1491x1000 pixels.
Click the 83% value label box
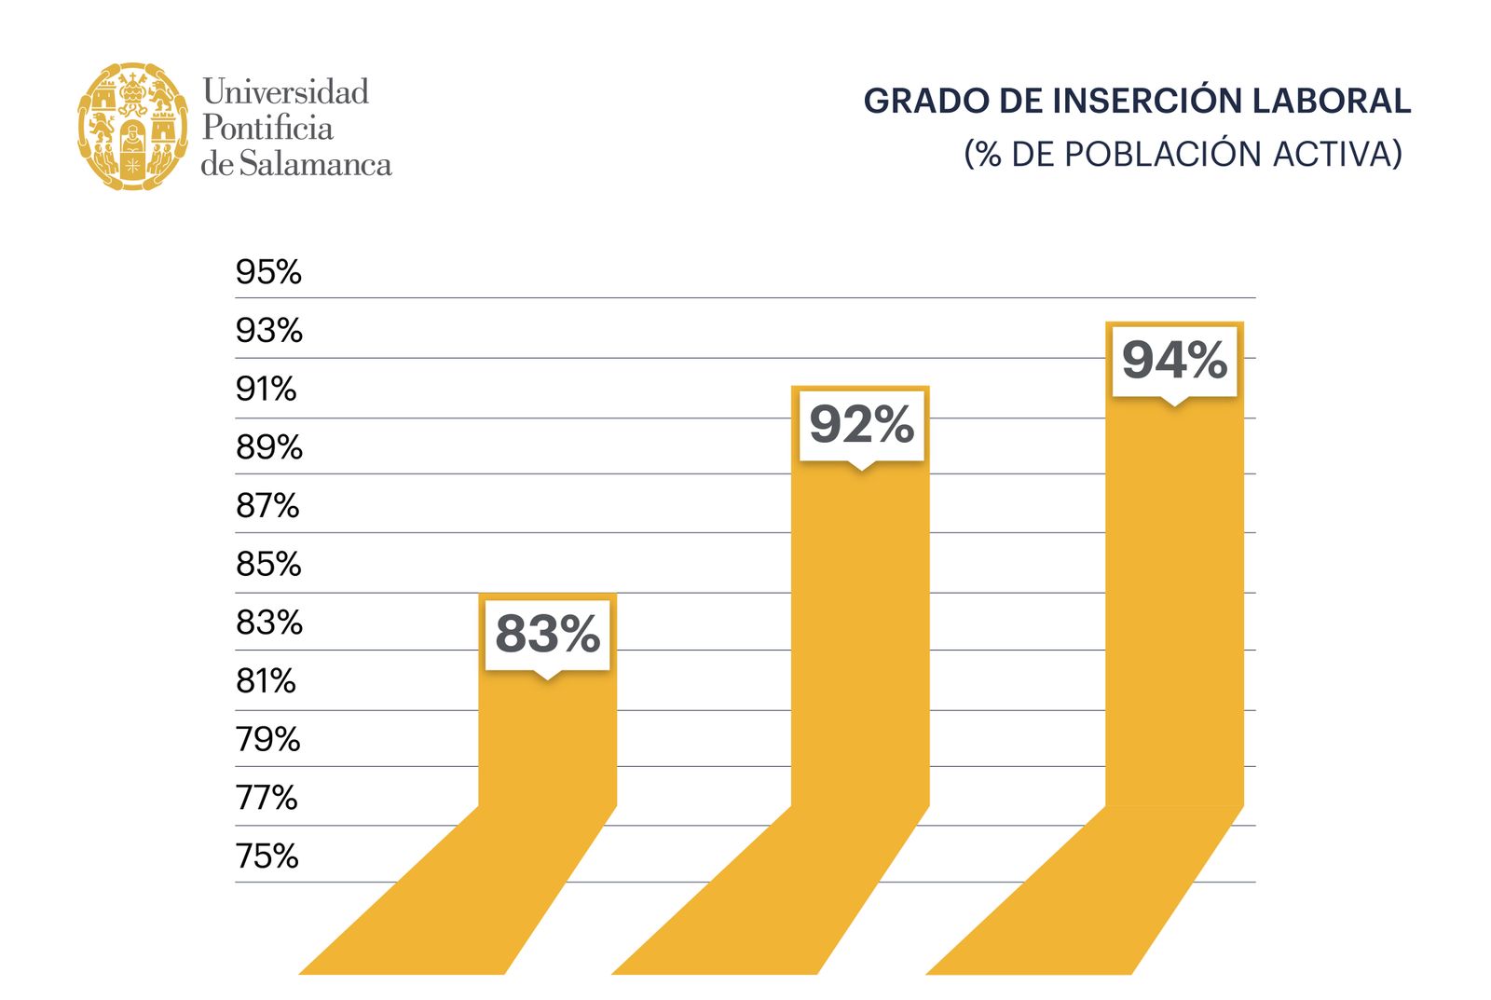547,634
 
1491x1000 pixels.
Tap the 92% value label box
861,425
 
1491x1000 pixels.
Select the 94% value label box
1174,361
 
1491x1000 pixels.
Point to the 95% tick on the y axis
268,272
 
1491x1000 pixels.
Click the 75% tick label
267,856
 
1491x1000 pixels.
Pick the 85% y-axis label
268,564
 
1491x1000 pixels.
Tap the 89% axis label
268,447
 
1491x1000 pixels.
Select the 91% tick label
266,389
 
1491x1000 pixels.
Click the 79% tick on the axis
267,739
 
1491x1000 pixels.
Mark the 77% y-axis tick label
267,798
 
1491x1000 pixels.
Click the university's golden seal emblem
132,127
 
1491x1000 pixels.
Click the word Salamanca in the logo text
315,165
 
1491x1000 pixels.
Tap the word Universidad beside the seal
285,91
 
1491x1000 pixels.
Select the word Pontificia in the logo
267,128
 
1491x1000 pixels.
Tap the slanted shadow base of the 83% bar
457,895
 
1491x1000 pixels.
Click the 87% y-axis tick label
267,506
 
